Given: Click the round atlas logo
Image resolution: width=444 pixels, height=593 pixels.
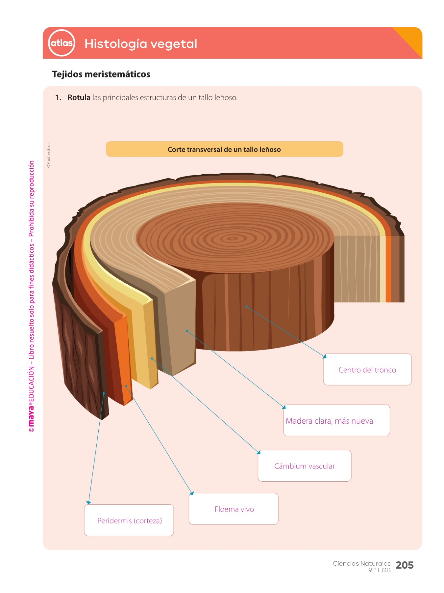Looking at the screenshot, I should coord(62,43).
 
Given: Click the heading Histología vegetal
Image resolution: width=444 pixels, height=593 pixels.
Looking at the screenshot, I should coord(141,44).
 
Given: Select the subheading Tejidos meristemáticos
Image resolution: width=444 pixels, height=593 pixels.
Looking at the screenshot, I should coord(101,74).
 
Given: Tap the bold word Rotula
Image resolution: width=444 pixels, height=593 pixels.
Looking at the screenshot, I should coord(79,98).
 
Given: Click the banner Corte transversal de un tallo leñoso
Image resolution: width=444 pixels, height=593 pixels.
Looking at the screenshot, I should coord(224,149).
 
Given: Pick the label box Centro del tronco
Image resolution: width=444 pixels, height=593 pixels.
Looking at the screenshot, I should coord(367,370).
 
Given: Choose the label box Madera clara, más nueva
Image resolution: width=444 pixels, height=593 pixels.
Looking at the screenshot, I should coord(336,420).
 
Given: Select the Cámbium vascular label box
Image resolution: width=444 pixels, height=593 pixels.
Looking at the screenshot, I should coord(305,466).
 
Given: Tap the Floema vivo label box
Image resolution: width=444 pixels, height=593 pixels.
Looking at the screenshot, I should coord(234,509).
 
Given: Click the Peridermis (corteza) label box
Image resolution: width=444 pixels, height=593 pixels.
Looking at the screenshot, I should coord(129,521).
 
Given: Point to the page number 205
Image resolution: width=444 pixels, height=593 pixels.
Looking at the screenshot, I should coord(405,565).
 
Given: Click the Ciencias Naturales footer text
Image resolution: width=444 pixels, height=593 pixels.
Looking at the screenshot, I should coord(361,563).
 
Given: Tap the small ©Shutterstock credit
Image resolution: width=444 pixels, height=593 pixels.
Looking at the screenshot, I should coord(49,155).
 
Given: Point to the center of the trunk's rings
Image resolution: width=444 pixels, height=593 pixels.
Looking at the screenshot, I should coord(233,238).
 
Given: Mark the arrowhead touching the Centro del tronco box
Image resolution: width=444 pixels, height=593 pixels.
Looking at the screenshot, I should coord(325,356).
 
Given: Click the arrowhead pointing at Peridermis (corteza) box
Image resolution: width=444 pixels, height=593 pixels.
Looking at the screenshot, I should coord(88,502).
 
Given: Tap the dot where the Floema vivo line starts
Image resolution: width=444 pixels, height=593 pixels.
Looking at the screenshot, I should coord(126,386).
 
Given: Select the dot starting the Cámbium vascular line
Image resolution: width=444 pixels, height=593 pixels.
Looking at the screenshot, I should coord(152,358).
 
